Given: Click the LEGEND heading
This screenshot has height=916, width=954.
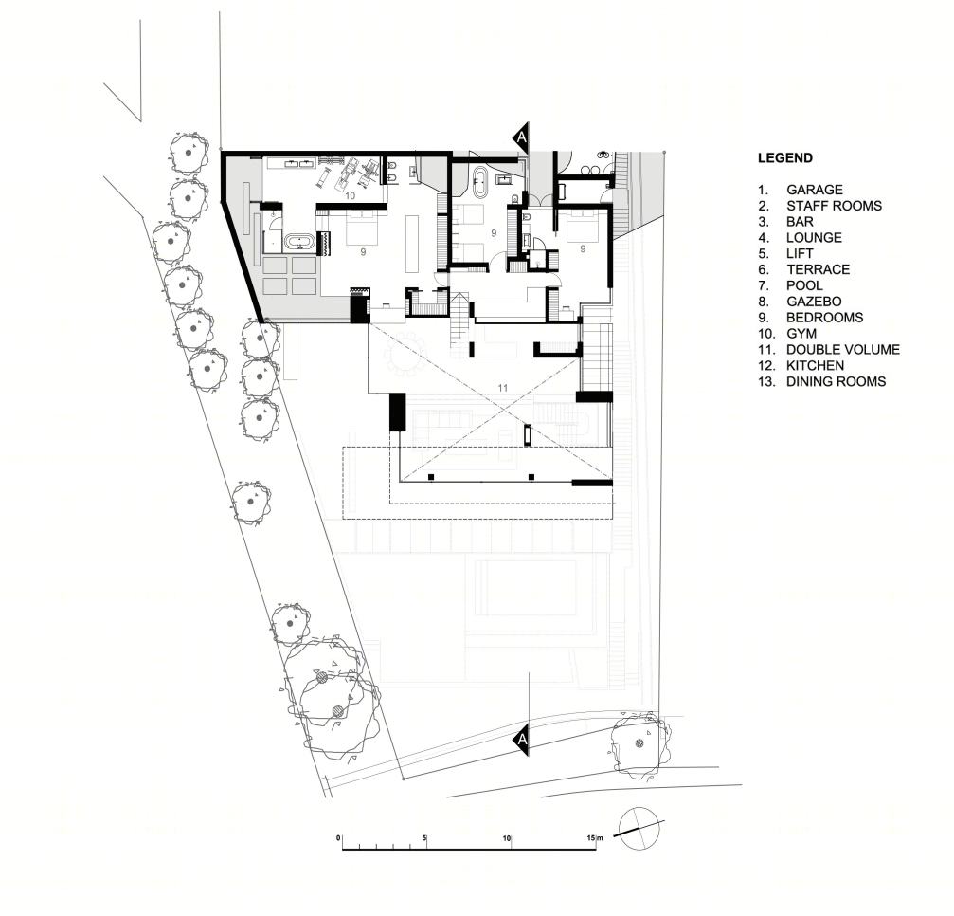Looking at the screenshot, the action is (x=784, y=158).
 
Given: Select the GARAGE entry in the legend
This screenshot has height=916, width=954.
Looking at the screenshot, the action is (x=814, y=190).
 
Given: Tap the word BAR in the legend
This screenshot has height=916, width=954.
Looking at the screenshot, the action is (x=800, y=222).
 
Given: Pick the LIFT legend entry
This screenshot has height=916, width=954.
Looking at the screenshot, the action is (x=800, y=254).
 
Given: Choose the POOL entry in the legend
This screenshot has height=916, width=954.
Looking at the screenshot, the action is (x=804, y=285).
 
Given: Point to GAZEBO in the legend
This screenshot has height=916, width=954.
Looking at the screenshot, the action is (x=814, y=302).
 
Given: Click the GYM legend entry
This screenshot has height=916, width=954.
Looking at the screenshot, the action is (x=801, y=334).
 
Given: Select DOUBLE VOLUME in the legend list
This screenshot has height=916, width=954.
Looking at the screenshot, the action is (x=842, y=350).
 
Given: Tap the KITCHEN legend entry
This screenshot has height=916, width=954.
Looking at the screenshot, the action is (x=816, y=365).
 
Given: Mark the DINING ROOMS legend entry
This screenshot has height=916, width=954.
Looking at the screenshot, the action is (x=836, y=382).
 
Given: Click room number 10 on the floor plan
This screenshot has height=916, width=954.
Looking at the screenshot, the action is (x=350, y=196).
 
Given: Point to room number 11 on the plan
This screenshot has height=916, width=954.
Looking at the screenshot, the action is (x=502, y=387).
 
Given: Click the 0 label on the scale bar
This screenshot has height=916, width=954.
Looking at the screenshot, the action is (x=338, y=838).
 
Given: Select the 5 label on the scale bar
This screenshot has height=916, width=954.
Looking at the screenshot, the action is (x=424, y=838).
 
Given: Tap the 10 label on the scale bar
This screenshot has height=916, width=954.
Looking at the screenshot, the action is (x=507, y=838).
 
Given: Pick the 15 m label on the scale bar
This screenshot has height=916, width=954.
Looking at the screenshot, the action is (x=594, y=838).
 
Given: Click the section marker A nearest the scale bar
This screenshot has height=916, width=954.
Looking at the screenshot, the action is (x=521, y=740).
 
